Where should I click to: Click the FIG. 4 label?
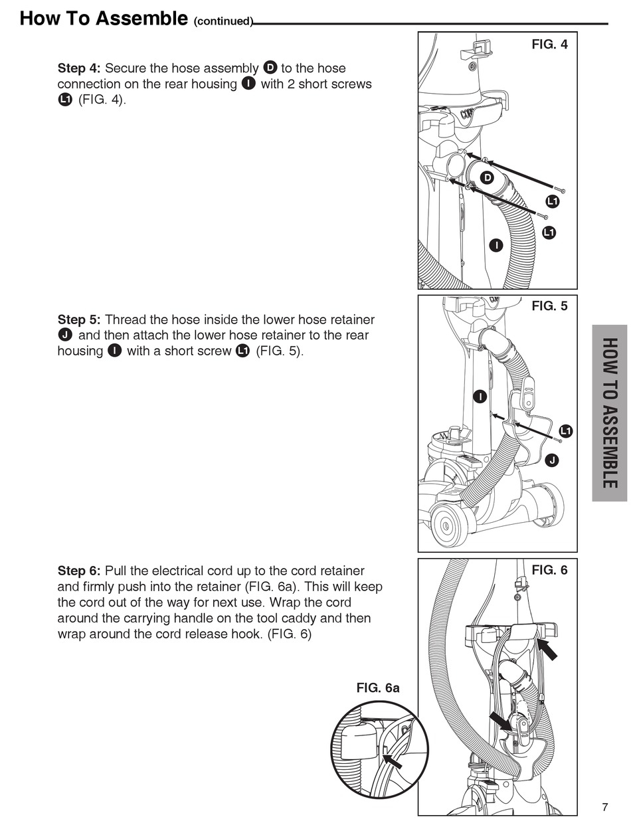pyautogui.click(x=549, y=45)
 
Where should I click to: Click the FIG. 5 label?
pyautogui.click(x=549, y=307)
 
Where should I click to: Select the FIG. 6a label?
pyautogui.click(x=378, y=688)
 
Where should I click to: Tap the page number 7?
pyautogui.click(x=604, y=807)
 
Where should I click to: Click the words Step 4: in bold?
pyautogui.click(x=80, y=68)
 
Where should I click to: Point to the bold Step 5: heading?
pyautogui.click(x=80, y=320)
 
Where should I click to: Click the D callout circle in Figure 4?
pyautogui.click(x=487, y=177)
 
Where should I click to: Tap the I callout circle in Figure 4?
pyautogui.click(x=495, y=245)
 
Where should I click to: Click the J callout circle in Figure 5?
pyautogui.click(x=551, y=460)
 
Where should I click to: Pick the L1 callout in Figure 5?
pyautogui.click(x=565, y=431)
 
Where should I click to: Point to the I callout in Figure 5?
pyautogui.click(x=480, y=397)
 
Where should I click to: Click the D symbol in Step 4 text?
pyautogui.click(x=270, y=68)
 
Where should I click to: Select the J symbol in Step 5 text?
pyautogui.click(x=65, y=335)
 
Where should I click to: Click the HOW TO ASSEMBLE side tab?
pyautogui.click(x=609, y=413)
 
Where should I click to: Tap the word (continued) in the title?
pyautogui.click(x=223, y=21)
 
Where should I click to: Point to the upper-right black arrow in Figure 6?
pyautogui.click(x=548, y=648)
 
